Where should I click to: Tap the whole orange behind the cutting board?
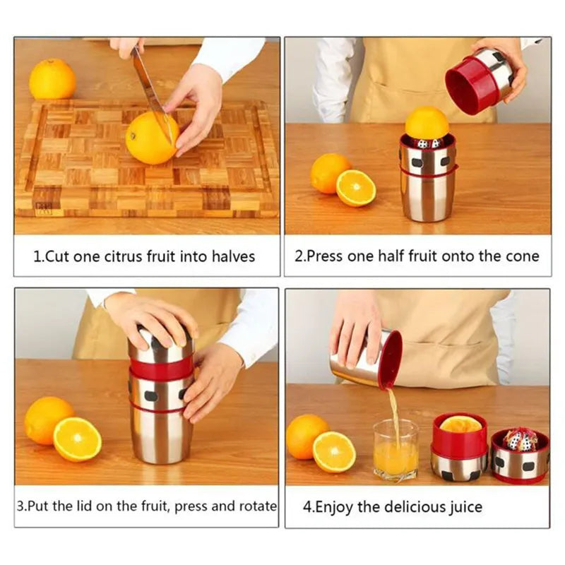pos(52,79)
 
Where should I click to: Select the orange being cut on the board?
pos(150,138)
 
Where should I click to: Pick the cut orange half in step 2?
pos(356,188)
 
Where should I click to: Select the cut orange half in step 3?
pos(77,439)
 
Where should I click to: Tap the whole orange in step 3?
pos(48,420)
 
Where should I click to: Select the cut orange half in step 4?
pos(334,451)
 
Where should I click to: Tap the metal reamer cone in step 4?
pos(520,439)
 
